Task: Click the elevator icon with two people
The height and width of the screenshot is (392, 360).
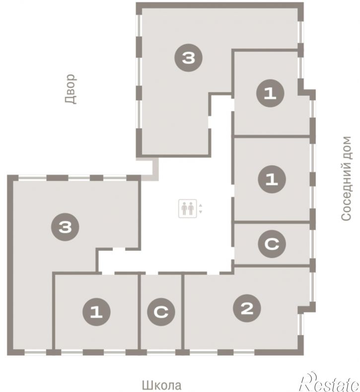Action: coord(188,209)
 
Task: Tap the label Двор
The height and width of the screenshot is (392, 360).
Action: coord(71,89)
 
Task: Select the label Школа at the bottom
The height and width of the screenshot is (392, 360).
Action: coord(162,385)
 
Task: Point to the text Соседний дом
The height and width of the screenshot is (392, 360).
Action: coord(346,178)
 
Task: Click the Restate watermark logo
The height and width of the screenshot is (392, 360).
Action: coord(330,382)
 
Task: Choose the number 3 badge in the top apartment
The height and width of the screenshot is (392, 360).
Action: coord(188,58)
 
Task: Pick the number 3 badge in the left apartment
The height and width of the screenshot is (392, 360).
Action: coord(65,227)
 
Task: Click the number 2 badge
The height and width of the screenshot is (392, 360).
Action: coord(247,308)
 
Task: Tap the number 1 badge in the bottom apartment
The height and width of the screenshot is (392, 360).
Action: coord(96,312)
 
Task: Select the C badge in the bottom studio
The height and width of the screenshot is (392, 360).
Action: coord(161,312)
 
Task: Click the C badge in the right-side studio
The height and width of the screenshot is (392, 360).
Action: coord(272,244)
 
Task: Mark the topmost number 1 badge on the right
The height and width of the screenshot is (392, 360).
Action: coord(270,93)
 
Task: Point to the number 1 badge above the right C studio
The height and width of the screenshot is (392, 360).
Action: coord(272,179)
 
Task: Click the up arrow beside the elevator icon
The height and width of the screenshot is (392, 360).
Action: coord(201,206)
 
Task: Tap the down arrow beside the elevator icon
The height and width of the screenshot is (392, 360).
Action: coord(201,212)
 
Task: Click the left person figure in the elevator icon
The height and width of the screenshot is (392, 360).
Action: coord(184,209)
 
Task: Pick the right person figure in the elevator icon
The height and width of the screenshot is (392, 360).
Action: coord(191,209)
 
